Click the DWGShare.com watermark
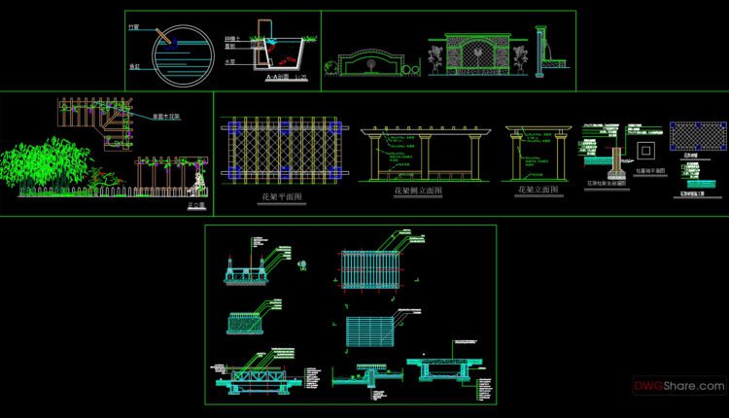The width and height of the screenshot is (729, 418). (679, 386)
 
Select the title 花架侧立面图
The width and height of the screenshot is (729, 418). (417, 192)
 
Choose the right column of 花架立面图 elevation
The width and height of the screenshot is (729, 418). (563, 157)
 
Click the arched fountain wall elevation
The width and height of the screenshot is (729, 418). (372, 60)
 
